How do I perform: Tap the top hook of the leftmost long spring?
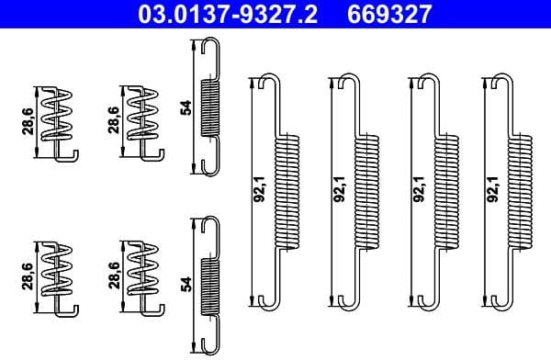[268, 79]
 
